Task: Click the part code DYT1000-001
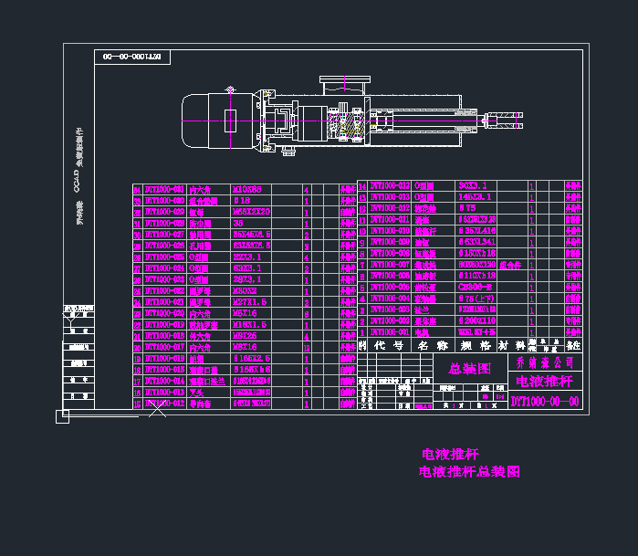384,332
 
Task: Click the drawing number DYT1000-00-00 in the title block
544,402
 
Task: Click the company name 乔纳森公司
544,362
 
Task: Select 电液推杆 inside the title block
544,382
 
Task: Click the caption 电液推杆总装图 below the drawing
469,472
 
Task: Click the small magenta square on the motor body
230,120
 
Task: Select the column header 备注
573,345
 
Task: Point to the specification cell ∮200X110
476,321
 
